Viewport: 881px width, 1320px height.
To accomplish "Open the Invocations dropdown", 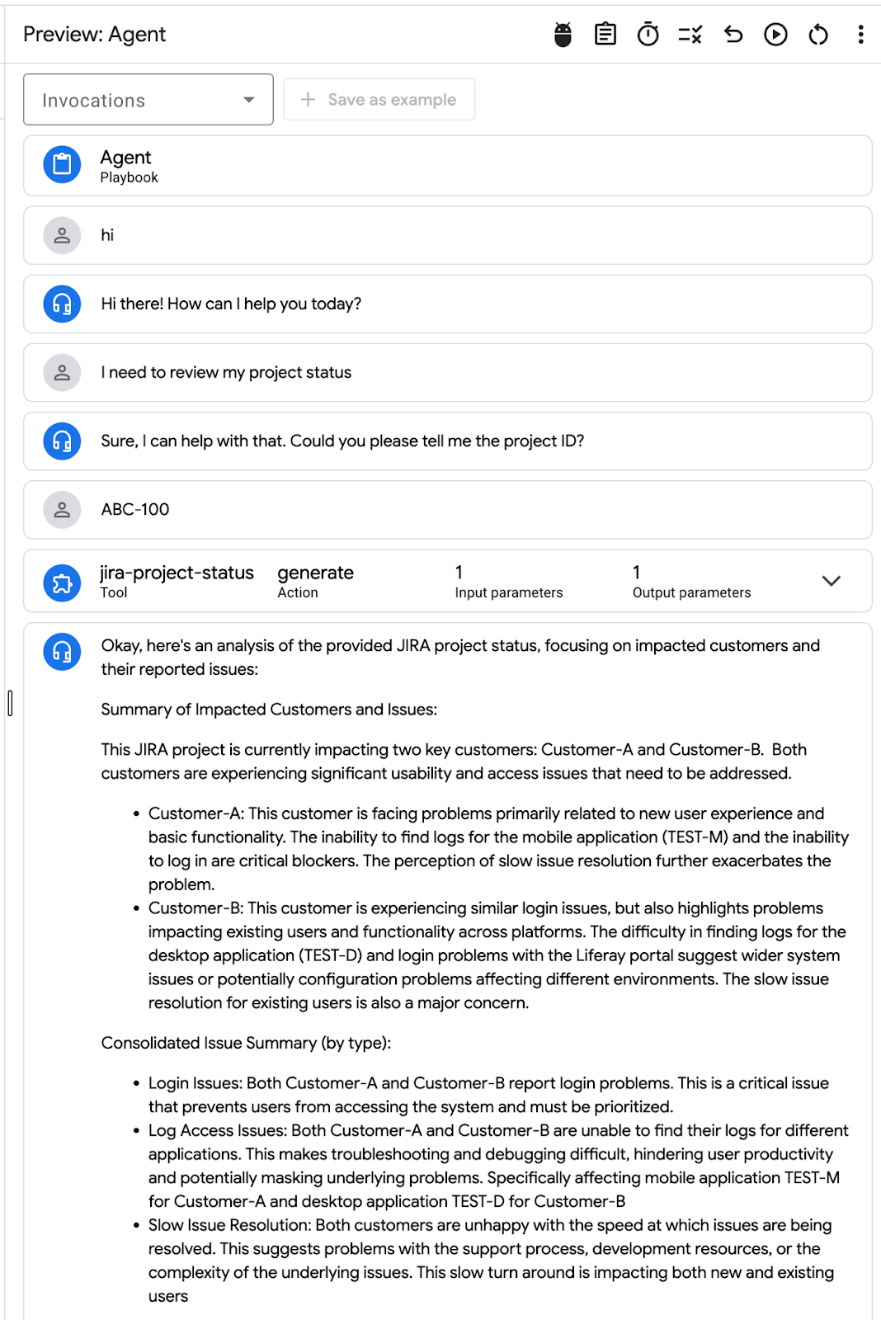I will point(148,100).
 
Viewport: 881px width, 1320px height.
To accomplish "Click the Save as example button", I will point(379,100).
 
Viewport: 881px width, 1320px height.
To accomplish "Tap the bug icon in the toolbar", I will point(563,35).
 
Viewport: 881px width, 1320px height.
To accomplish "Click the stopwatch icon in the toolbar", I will point(648,35).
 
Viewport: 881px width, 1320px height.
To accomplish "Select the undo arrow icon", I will point(733,35).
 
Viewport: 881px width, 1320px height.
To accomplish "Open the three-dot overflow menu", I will point(860,35).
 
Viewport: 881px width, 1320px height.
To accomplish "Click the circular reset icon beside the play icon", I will point(818,35).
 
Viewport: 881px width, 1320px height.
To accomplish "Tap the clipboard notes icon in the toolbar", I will point(605,35).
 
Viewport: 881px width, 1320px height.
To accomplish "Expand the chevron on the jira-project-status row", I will point(831,581).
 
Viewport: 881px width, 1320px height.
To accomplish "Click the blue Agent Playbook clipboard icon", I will point(62,165).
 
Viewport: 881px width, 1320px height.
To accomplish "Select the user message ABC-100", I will point(135,510).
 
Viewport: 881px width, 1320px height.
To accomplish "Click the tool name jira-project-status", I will point(177,573).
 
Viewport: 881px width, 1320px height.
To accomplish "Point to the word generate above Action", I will point(315,573).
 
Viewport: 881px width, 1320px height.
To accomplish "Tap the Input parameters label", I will point(508,592).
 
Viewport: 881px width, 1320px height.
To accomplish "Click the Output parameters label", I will point(691,592).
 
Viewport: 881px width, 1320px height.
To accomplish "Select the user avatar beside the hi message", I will point(62,235).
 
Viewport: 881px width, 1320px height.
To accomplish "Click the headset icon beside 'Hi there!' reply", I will point(62,304).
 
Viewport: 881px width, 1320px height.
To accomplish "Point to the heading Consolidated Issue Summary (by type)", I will point(246,1043).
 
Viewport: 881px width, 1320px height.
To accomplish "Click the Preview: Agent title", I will point(95,35).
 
